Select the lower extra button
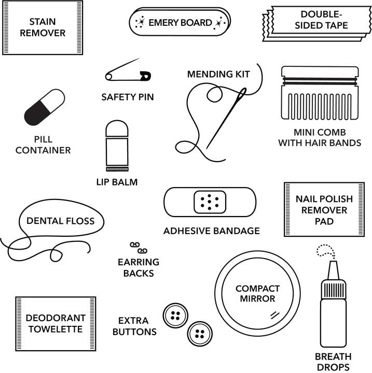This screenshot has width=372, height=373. pyautogui.click(x=200, y=334)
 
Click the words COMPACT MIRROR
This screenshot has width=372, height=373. pyautogui.click(x=257, y=293)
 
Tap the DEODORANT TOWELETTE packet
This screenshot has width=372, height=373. pyautogui.click(x=55, y=324)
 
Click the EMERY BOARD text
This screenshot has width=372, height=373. pyautogui.click(x=180, y=22)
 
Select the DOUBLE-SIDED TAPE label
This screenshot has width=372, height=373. pyautogui.click(x=323, y=20)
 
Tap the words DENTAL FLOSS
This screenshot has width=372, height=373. pyautogui.click(x=60, y=221)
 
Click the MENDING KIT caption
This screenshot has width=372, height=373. pyautogui.click(x=218, y=74)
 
